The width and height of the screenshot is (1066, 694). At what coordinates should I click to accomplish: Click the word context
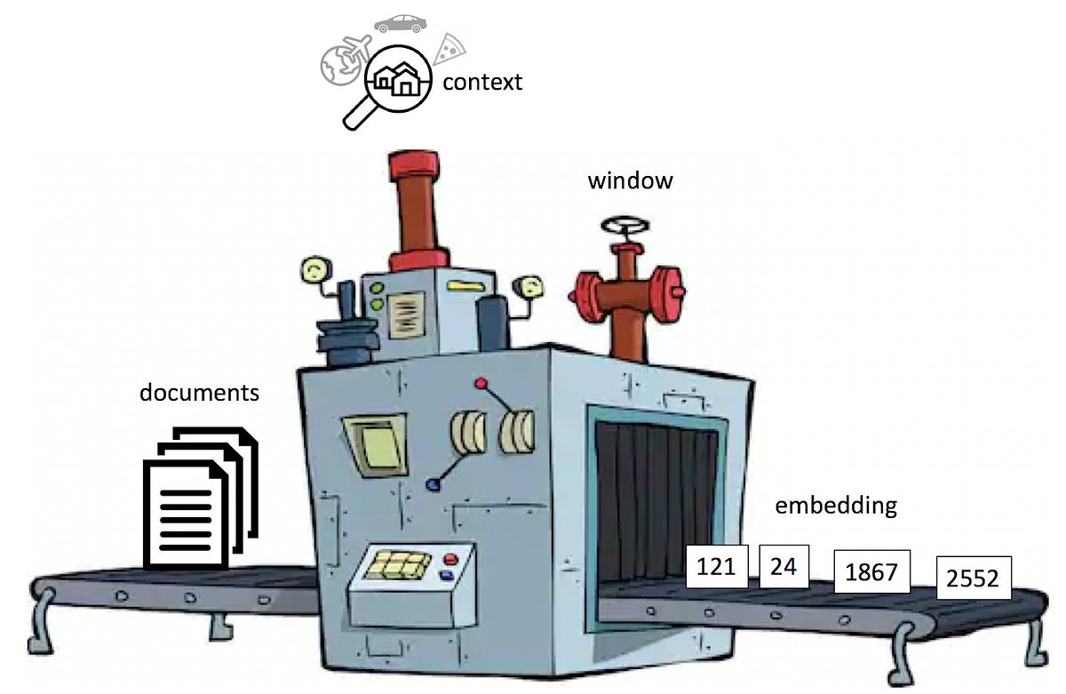(x=482, y=83)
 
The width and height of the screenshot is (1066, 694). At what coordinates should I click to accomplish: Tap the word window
(x=630, y=181)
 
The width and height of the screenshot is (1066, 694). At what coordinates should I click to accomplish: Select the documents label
(x=199, y=392)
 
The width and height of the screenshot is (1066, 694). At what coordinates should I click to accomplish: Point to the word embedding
(x=836, y=506)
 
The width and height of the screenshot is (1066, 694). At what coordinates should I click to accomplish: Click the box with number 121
(x=717, y=566)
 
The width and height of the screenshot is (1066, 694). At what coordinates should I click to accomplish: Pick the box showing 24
(x=784, y=566)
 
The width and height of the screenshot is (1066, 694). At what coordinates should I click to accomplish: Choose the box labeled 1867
(x=871, y=572)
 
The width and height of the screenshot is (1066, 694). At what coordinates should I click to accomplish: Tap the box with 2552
(x=974, y=579)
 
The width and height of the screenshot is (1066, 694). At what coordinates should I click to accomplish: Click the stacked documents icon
(x=198, y=497)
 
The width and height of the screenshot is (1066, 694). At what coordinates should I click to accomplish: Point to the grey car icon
(x=398, y=23)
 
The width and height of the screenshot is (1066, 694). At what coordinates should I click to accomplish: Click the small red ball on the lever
(x=481, y=384)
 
